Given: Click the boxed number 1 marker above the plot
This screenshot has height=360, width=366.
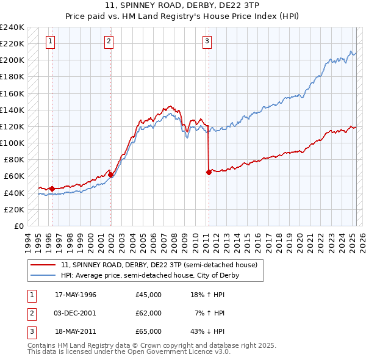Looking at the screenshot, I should [x=49, y=41].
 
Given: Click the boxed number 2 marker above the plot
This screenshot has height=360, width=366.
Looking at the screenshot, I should [x=109, y=41].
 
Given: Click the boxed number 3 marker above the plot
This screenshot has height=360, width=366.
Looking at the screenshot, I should [x=207, y=41].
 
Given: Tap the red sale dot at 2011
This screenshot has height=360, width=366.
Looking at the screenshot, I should [x=209, y=172].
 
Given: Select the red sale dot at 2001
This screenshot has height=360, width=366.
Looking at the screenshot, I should [x=111, y=175].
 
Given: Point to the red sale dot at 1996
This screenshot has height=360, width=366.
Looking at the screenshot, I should [x=52, y=189].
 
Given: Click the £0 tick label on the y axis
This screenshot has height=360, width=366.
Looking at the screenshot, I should [x=18, y=226].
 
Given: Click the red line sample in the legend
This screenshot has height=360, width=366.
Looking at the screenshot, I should [x=43, y=265].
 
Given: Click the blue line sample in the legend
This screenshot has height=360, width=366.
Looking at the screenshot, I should [x=43, y=275].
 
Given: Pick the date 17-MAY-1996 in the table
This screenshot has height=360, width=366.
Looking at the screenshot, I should [x=76, y=295].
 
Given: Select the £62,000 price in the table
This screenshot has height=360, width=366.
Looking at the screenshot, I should [x=149, y=313].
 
